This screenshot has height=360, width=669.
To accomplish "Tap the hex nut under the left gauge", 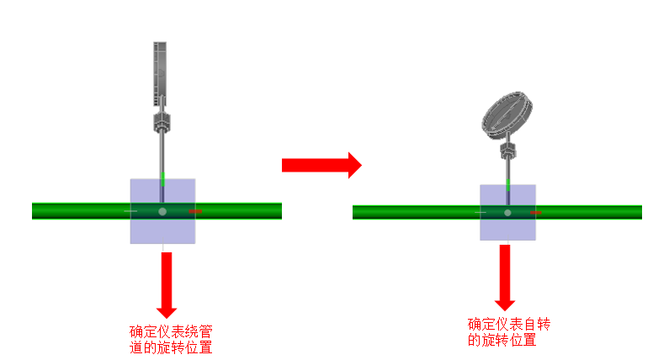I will click(162, 123).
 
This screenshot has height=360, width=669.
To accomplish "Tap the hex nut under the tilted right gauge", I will click(508, 152).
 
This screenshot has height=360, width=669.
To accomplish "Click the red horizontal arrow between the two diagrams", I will click(321, 164).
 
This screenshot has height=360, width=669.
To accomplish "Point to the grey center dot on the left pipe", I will click(162, 211).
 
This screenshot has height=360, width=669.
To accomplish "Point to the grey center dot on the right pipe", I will click(507, 213).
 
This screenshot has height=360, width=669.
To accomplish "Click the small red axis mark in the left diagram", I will click(195, 211).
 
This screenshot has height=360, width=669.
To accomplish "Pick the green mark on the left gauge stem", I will click(162, 178).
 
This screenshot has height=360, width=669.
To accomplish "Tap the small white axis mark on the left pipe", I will click(130, 211).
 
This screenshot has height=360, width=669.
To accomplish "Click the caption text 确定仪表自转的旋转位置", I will click(514, 332).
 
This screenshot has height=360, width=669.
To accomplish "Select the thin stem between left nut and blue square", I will click(162, 156).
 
